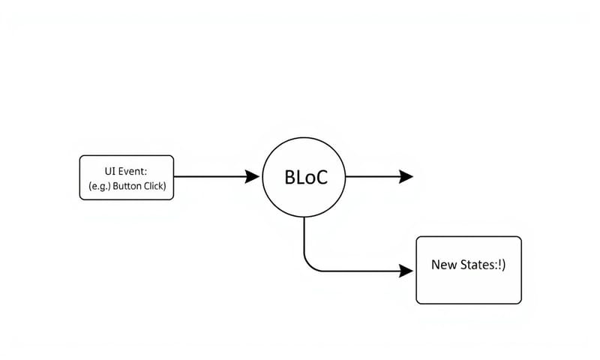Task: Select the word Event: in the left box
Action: click(x=133, y=171)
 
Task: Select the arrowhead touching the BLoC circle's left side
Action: click(x=253, y=177)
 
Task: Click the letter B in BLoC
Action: click(x=289, y=178)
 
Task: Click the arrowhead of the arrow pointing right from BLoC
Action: click(x=406, y=177)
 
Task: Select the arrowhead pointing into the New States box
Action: click(x=406, y=271)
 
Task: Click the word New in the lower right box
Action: click(x=442, y=265)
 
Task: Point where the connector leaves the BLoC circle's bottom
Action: click(x=304, y=218)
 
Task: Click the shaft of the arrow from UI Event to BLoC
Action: click(x=210, y=177)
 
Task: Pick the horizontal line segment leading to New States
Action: click(x=360, y=271)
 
